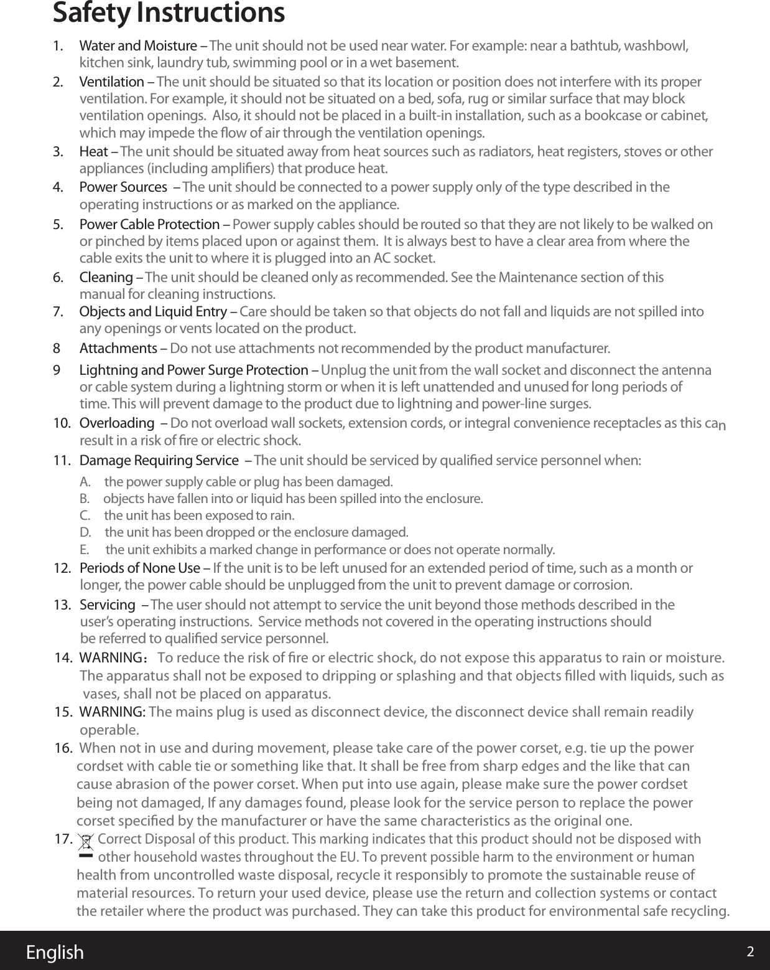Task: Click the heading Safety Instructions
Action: [x=169, y=14]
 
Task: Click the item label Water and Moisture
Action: [x=138, y=46]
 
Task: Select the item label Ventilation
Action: [x=112, y=82]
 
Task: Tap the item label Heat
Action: [x=94, y=152]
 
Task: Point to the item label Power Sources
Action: [x=123, y=187]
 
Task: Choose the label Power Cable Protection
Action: [x=149, y=224]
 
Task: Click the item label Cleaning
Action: [x=106, y=277]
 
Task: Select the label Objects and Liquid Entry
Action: [x=153, y=312]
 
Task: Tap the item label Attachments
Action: [x=119, y=347]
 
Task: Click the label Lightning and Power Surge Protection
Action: [x=193, y=370]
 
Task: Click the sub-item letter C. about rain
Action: [x=85, y=516]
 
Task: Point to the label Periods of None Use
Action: [x=140, y=568]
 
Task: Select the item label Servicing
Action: [x=108, y=605]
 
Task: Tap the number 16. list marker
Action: [x=63, y=748]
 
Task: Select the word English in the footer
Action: [x=55, y=952]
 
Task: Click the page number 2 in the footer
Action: [x=750, y=952]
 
